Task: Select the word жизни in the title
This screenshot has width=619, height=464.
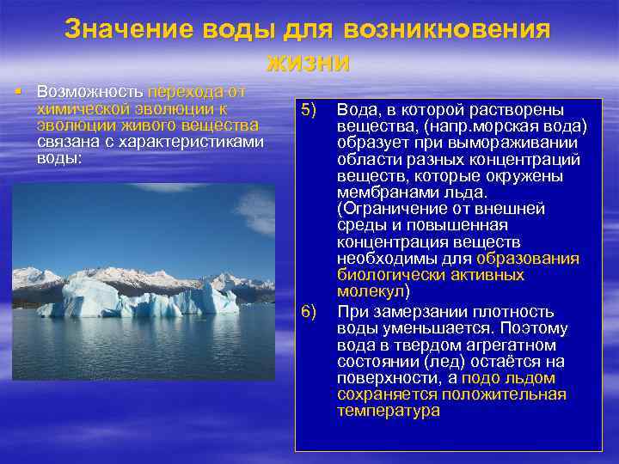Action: [x=309, y=61]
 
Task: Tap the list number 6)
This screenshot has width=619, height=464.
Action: [x=309, y=311]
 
